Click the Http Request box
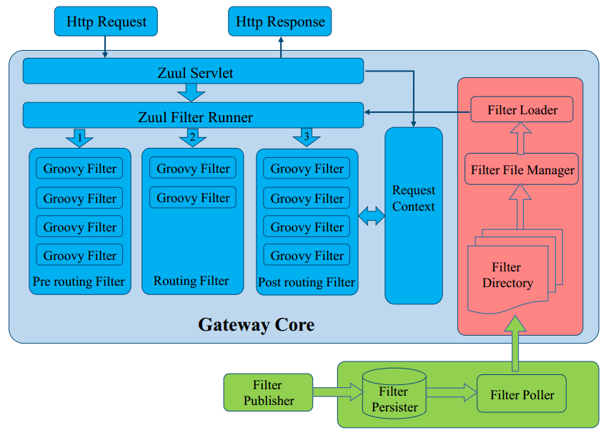pos(106,22)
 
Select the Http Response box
pos(280,22)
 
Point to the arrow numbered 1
pos(79,137)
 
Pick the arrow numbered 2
pos(193,137)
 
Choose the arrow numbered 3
pos(307,137)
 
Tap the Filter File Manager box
pos(522,170)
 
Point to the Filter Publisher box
pos(268,393)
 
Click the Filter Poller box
pos(522,395)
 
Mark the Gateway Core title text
pos(256,325)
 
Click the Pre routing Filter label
pos(79,281)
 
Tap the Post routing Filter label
pos(307,282)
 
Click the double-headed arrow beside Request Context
pos(371,216)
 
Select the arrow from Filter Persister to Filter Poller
pos(451,392)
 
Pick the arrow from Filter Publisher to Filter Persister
pos(337,391)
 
